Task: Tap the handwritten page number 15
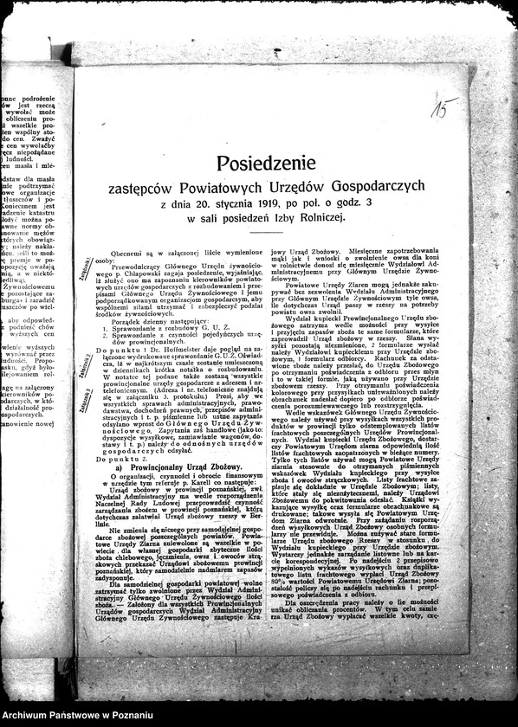click(x=443, y=108)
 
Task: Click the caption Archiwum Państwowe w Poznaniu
click(x=65, y=714)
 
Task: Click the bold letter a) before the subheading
click(x=120, y=467)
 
